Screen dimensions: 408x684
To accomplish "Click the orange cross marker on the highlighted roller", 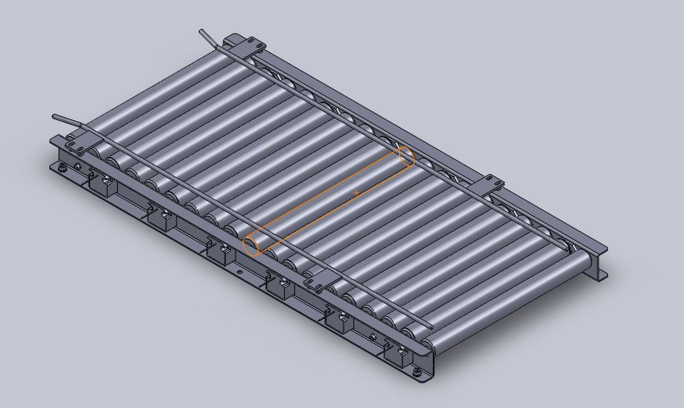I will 356,192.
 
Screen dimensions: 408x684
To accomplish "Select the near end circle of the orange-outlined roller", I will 252,246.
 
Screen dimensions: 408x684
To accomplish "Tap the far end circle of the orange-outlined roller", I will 406,156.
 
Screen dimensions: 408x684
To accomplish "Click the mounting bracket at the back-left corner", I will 244,45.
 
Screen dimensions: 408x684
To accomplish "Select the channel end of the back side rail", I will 597,266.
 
